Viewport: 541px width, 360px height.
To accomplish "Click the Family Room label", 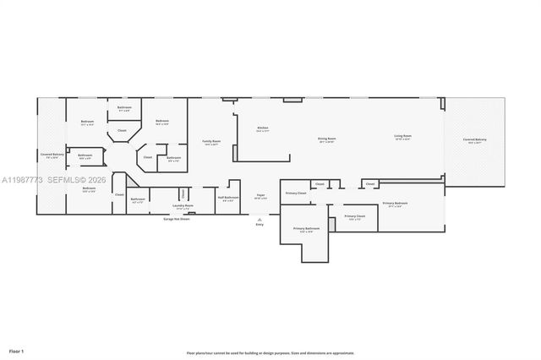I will coord(210,141).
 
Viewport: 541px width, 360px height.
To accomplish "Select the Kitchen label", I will coord(263,128).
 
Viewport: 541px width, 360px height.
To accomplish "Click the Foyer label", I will coord(261,196).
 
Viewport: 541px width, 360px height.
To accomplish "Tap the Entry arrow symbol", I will coord(259,219).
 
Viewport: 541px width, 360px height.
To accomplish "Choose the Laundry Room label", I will coord(183,205).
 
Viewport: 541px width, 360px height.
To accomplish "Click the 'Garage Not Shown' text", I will coord(177,219).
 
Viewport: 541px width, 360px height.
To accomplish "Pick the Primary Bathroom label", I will coord(306,229).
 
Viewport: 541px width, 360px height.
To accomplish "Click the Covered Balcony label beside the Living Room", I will coord(474,140).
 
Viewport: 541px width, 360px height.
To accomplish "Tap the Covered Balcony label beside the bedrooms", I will coord(52,155).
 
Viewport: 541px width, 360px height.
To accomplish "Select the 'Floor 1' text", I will coord(16,350).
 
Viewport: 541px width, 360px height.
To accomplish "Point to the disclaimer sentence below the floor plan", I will coord(270,353).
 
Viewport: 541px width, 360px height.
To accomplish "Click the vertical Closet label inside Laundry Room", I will coord(183,194).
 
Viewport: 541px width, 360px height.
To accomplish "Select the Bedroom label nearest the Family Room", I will coord(161,122).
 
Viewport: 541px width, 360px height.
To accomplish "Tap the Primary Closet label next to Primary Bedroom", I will coord(354,217).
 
